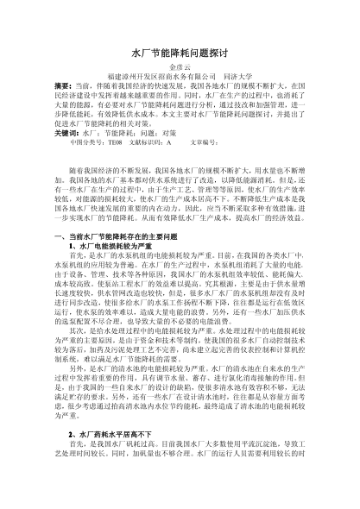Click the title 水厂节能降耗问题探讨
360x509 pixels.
(180, 53)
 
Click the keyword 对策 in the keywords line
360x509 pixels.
(175, 135)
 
